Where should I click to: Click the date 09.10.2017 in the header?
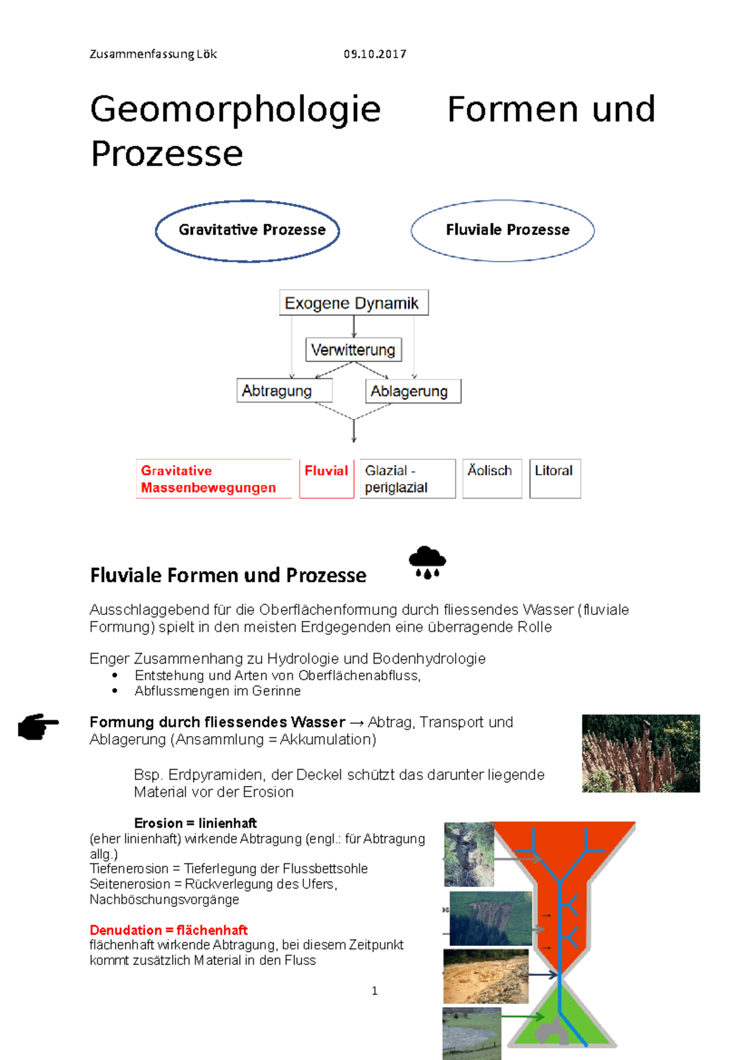click(x=374, y=54)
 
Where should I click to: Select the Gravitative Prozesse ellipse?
click(x=247, y=230)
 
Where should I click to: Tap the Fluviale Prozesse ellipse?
click(x=502, y=230)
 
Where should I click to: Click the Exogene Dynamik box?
click(x=353, y=303)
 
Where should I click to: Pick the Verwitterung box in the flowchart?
click(x=353, y=350)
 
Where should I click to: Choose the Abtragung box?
click(x=284, y=391)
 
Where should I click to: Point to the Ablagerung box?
click(x=413, y=391)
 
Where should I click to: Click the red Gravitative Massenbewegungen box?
click(x=213, y=479)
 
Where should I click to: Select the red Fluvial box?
click(x=326, y=479)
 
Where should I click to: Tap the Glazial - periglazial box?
click(x=407, y=479)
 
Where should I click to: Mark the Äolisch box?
click(x=492, y=479)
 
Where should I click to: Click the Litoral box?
click(x=555, y=479)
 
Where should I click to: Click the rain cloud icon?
click(x=428, y=562)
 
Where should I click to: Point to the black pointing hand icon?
click(x=38, y=726)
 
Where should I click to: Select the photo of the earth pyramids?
click(x=640, y=753)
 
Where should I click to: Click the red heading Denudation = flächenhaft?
click(x=169, y=930)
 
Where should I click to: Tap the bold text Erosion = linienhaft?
click(x=195, y=823)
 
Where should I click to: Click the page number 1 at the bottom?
click(x=374, y=991)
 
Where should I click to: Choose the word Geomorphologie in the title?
click(x=235, y=109)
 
